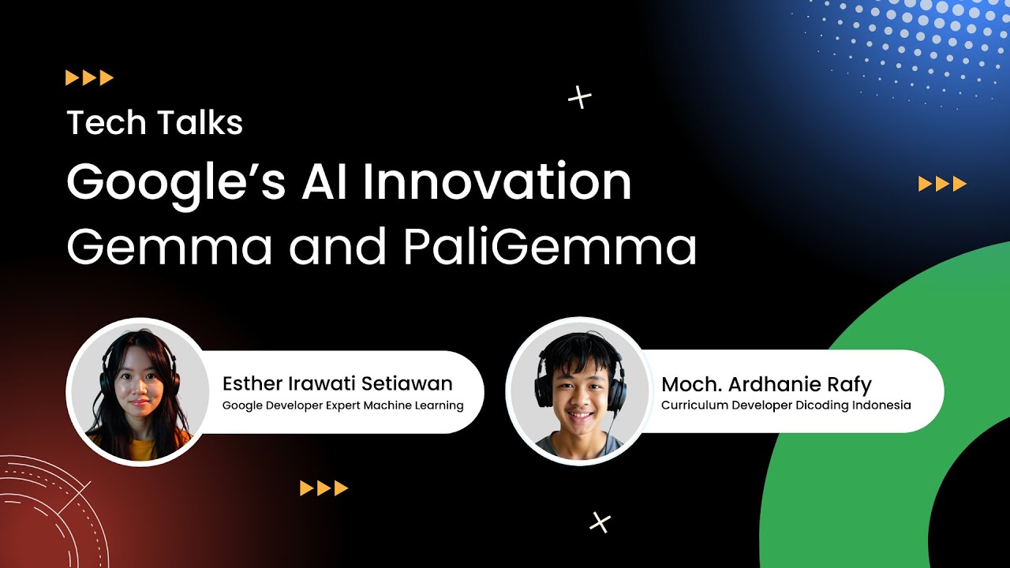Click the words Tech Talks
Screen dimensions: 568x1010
[x=155, y=123]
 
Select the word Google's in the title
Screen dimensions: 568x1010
[x=174, y=183]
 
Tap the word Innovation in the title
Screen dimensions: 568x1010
[x=497, y=183]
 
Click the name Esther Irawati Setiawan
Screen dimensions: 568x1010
[x=337, y=384]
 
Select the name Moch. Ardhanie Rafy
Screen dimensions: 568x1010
[x=766, y=384]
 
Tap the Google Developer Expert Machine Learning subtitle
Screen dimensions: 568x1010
[x=342, y=405]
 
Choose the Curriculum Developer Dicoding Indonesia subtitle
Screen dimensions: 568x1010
[x=786, y=405]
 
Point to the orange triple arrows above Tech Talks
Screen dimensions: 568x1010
[x=89, y=77]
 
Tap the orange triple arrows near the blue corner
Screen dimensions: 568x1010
[x=942, y=185]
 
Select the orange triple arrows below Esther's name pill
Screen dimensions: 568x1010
[x=324, y=488]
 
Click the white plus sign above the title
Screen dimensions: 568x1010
[x=580, y=98]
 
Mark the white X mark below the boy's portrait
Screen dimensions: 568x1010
[x=600, y=521]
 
